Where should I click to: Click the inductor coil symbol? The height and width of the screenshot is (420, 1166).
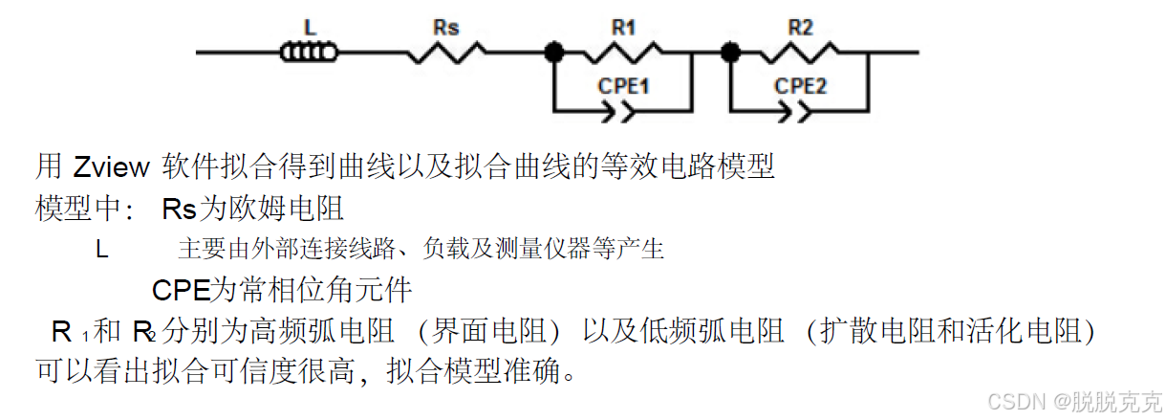tap(309, 53)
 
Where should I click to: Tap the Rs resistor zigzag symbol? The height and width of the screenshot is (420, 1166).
tap(444, 53)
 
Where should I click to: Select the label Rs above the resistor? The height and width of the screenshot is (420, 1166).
tap(445, 28)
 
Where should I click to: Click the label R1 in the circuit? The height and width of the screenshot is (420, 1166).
tap(623, 28)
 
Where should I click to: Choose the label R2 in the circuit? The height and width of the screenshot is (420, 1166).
tap(801, 28)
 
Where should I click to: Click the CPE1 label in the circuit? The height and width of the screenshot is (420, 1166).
tap(624, 85)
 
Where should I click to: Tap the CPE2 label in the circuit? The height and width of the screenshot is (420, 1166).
tap(801, 85)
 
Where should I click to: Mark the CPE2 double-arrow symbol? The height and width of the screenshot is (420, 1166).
tap(800, 112)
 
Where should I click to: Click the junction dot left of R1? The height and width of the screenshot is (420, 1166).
tap(553, 53)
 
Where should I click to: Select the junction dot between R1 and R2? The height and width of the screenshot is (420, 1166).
tap(731, 53)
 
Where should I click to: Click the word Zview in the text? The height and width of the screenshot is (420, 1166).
tap(111, 168)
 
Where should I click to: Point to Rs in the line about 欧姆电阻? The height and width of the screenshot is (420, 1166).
tap(179, 210)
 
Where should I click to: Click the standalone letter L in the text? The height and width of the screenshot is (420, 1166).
tap(101, 250)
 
